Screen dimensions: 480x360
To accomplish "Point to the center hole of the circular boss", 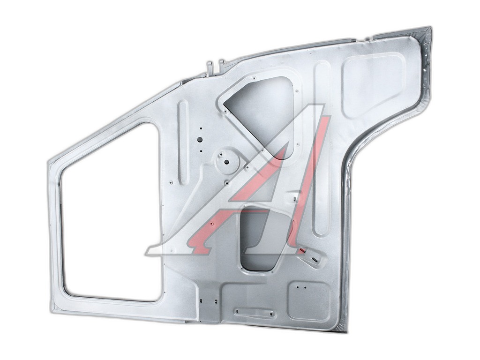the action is pyautogui.click(x=227, y=162).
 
